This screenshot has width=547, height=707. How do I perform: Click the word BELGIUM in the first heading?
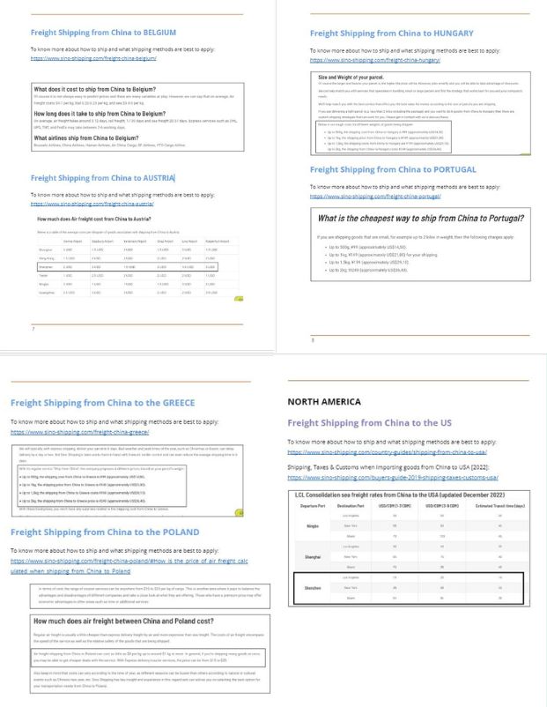click(156, 32)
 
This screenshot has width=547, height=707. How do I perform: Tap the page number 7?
click(33, 329)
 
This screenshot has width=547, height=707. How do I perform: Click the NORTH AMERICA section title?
click(322, 401)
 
